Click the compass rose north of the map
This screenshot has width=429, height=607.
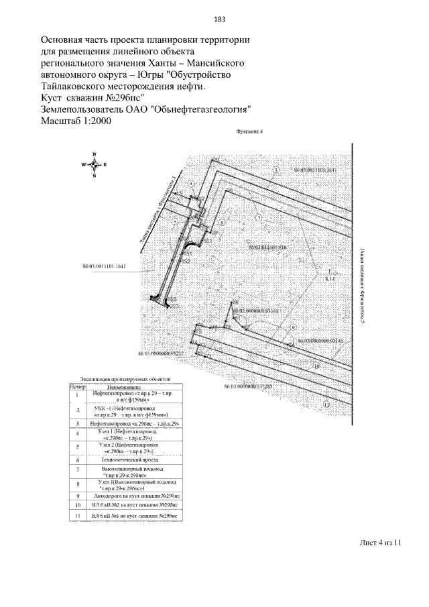point(95,165)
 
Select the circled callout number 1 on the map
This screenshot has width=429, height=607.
point(275,171)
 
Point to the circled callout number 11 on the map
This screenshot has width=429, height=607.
point(326,405)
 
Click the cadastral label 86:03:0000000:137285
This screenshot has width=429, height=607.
point(246,387)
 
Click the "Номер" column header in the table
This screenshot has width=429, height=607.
point(78,387)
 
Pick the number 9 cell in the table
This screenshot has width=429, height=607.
point(78,495)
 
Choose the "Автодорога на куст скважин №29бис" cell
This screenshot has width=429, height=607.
point(135,495)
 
